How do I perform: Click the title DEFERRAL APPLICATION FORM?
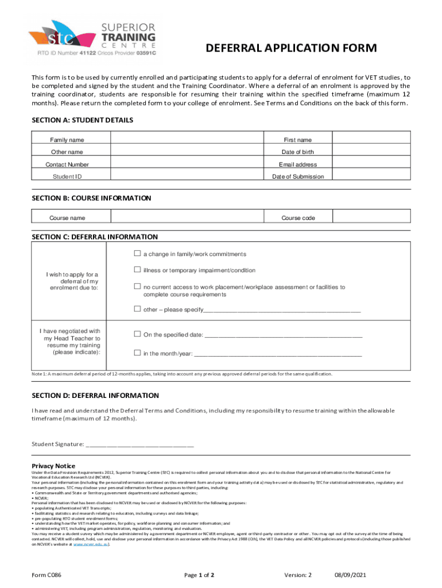coord(292,48)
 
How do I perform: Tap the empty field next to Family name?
coord(187,140)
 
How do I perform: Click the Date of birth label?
coord(297,152)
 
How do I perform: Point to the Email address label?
coord(297,164)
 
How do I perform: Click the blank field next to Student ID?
coord(187,176)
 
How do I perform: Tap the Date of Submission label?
coord(297,176)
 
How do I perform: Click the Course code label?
coord(297,218)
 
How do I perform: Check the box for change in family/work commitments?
coord(137,253)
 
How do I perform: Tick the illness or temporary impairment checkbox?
coord(137,270)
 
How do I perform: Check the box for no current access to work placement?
coord(137,287)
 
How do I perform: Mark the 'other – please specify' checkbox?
coord(137,309)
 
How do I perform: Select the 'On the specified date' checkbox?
coord(137,334)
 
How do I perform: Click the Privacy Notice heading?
coord(53,466)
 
